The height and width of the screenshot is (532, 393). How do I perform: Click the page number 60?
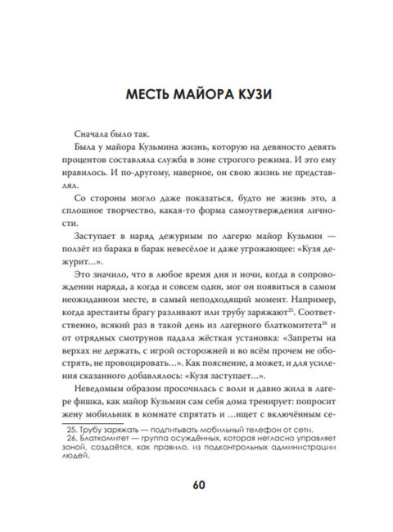tap(196, 482)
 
